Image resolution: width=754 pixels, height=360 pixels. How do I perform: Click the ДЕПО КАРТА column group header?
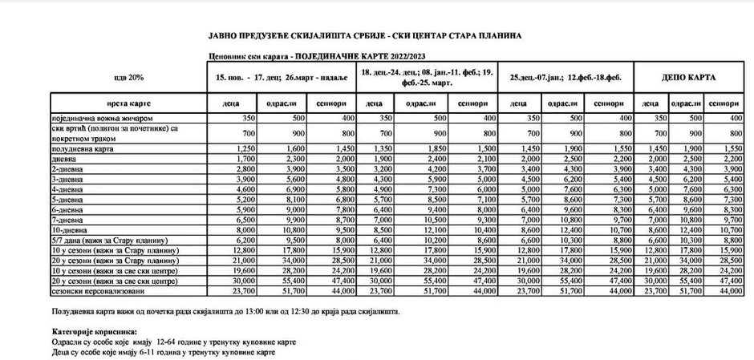coord(688,78)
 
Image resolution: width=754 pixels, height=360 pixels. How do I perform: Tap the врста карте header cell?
coord(128,104)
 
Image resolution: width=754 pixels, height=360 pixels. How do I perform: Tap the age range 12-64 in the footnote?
coord(153,341)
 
